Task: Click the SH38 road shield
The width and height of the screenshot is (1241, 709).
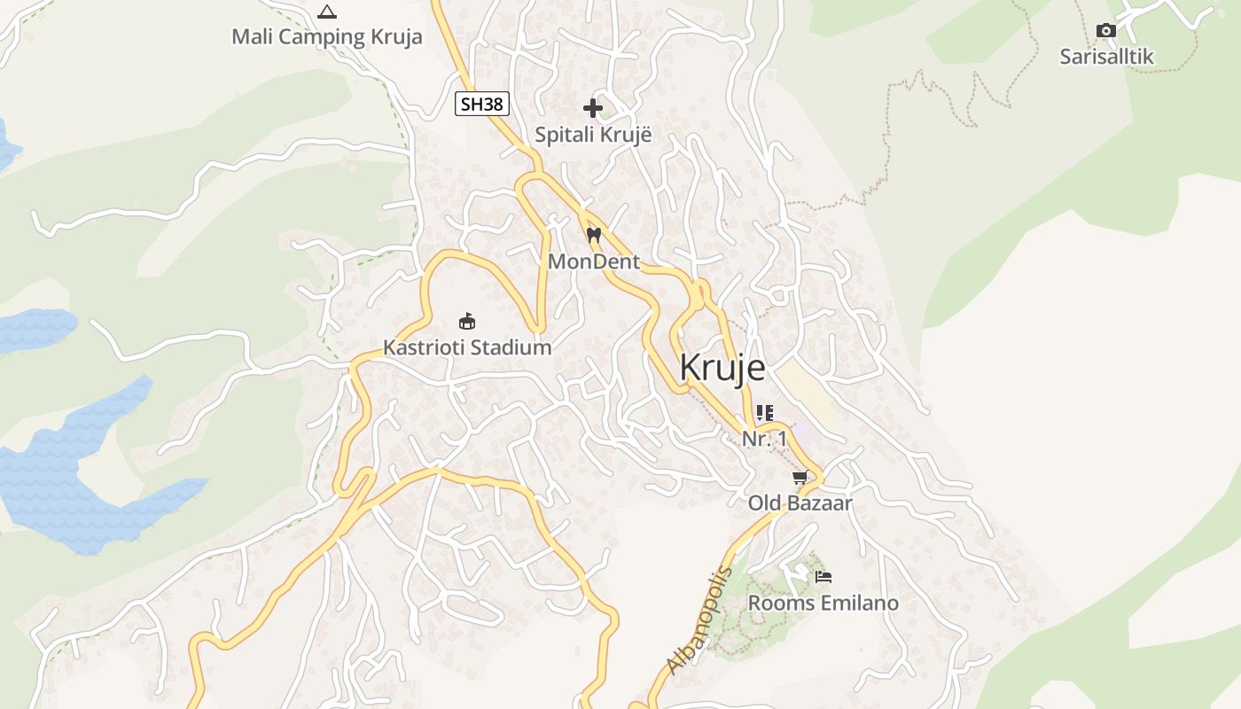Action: point(482,104)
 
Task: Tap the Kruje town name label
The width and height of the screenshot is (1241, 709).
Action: point(722,368)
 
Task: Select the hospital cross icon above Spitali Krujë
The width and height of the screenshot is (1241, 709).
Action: point(593,109)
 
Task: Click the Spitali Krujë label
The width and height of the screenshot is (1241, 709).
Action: point(593,136)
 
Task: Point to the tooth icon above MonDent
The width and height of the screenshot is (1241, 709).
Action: point(594,236)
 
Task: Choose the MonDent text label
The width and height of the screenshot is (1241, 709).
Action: point(594,261)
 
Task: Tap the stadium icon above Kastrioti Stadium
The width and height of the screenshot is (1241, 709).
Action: point(467,321)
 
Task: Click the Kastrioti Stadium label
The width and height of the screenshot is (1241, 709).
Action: point(467,347)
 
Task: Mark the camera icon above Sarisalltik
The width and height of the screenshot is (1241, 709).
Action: point(1106,31)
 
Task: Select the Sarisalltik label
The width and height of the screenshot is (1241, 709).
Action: point(1106,57)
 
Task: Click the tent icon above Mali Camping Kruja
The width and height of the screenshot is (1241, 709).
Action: point(327,12)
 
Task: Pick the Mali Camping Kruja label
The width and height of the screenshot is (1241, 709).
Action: point(327,37)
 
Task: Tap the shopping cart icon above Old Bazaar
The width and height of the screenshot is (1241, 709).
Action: point(800,478)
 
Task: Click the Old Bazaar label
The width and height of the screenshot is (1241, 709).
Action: point(800,503)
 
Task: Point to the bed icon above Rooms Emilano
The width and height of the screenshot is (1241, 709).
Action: point(823,577)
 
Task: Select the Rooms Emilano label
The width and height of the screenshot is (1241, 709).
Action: point(823,604)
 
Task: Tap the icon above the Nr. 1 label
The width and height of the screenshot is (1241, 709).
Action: point(765,413)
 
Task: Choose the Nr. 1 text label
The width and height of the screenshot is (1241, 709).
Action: point(765,439)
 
